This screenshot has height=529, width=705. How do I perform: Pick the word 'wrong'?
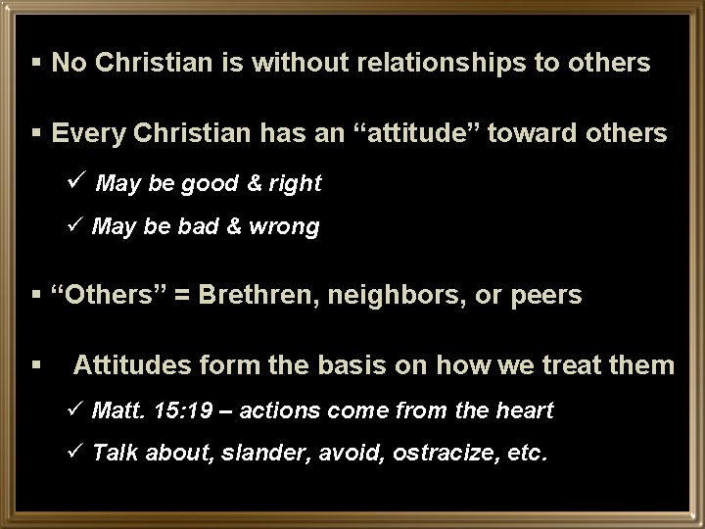(285, 227)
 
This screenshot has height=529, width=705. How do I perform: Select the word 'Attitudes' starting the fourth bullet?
(131, 365)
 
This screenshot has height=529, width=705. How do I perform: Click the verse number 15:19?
(185, 409)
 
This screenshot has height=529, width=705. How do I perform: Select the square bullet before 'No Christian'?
(37, 64)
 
